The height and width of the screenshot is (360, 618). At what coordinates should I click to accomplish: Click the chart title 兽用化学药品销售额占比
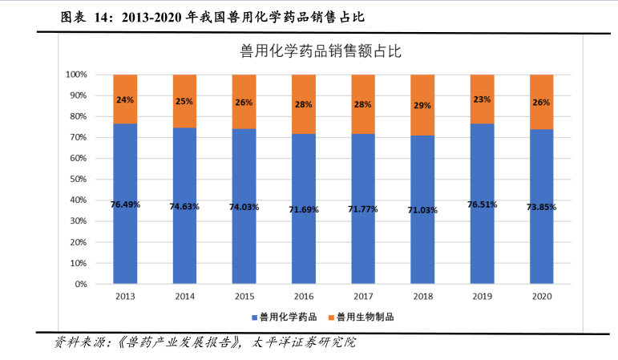(321, 52)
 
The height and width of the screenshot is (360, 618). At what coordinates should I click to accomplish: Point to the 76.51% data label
(482, 204)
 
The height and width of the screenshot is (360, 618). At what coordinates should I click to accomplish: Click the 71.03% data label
(422, 210)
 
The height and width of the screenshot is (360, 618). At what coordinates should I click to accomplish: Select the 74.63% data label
(184, 206)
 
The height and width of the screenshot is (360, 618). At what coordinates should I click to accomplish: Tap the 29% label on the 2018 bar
(422, 105)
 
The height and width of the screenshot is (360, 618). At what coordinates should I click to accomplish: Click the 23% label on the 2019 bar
(482, 99)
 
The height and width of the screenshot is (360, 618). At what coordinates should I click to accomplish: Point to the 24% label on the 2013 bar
(125, 100)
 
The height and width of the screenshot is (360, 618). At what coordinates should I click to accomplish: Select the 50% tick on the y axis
(78, 179)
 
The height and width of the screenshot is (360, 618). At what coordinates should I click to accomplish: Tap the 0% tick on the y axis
(80, 284)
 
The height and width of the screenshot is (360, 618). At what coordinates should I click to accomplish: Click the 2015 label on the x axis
(244, 297)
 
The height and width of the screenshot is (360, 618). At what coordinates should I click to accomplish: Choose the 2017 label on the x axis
(363, 297)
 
